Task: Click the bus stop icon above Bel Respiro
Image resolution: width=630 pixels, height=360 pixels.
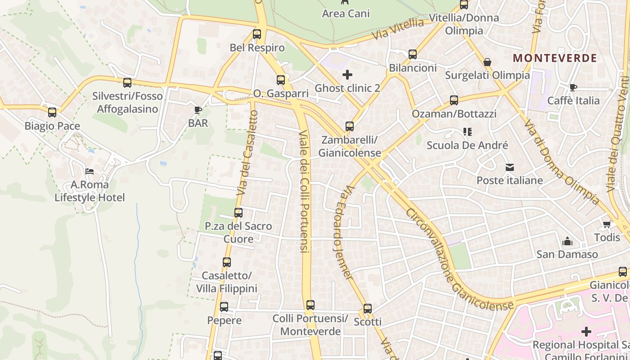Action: click(257, 34)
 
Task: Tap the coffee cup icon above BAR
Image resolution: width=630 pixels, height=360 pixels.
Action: click(198, 109)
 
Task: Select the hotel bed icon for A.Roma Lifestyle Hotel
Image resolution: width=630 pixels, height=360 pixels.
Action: click(90, 171)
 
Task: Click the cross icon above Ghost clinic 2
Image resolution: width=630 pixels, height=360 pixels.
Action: click(347, 74)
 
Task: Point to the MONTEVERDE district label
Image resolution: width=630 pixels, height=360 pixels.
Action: click(555, 58)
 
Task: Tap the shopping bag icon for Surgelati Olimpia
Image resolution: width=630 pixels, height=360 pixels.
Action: click(487, 62)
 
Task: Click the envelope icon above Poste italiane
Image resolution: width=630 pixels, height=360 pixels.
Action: click(509, 167)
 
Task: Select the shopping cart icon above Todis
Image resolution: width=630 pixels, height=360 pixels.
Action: click(607, 224)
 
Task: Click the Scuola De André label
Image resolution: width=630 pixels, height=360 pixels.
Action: click(467, 145)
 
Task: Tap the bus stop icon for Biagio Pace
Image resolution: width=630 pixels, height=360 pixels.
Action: click(52, 112)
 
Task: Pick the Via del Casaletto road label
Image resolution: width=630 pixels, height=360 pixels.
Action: click(247, 153)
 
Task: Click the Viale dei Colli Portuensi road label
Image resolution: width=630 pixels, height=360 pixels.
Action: click(305, 191)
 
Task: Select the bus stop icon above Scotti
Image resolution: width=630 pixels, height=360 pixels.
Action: click(368, 309)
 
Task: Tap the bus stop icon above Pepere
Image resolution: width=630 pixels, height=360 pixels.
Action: click(224, 307)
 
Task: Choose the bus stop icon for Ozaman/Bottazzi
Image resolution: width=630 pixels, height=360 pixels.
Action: click(454, 100)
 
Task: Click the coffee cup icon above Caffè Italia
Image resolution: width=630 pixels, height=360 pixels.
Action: click(573, 87)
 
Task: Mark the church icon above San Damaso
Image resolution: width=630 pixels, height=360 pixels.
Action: click(567, 241)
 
